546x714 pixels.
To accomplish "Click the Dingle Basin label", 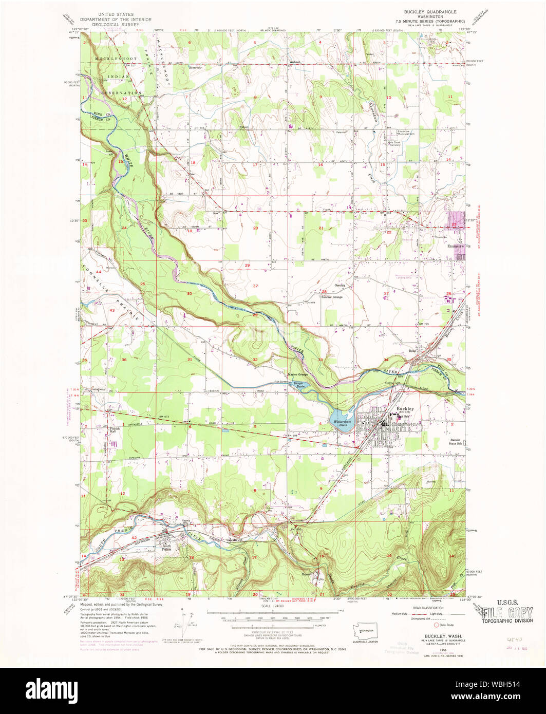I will point(298,383).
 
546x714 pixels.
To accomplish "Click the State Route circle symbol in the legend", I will point(438,625).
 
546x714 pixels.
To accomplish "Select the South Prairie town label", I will point(165,547).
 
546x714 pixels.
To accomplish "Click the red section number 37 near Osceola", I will point(255,285).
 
